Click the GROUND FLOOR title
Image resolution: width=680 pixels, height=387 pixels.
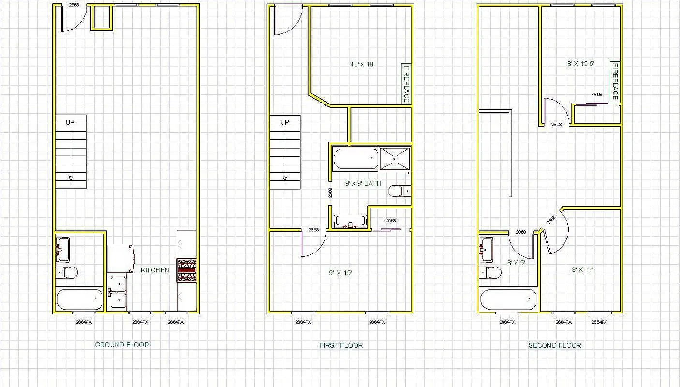pyautogui.click(x=122, y=345)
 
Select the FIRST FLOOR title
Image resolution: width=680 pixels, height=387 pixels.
pyautogui.click(x=340, y=345)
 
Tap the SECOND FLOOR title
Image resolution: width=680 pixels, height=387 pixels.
pyautogui.click(x=554, y=345)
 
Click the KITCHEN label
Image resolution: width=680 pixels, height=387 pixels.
pyautogui.click(x=155, y=270)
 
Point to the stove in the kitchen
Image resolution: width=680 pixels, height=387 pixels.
pyautogui.click(x=187, y=270)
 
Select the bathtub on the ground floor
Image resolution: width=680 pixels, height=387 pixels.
pyautogui.click(x=79, y=299)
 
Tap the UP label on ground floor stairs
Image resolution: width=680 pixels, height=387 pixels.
pyautogui.click(x=70, y=122)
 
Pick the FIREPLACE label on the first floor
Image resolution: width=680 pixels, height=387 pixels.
pyautogui.click(x=406, y=84)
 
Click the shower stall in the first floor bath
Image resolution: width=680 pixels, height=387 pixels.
pyautogui.click(x=395, y=159)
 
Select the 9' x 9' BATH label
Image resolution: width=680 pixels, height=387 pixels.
pyautogui.click(x=363, y=183)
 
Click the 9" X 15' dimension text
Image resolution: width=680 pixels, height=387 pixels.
pyautogui.click(x=340, y=273)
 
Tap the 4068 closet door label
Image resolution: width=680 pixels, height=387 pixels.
pyautogui.click(x=390, y=221)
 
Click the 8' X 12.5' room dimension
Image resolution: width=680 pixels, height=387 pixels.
pyautogui.click(x=580, y=63)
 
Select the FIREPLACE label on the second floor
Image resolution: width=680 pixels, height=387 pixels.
pyautogui.click(x=615, y=81)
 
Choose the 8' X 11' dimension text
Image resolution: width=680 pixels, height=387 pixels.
pyautogui.click(x=582, y=270)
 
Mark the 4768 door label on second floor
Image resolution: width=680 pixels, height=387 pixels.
pyautogui.click(x=597, y=95)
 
